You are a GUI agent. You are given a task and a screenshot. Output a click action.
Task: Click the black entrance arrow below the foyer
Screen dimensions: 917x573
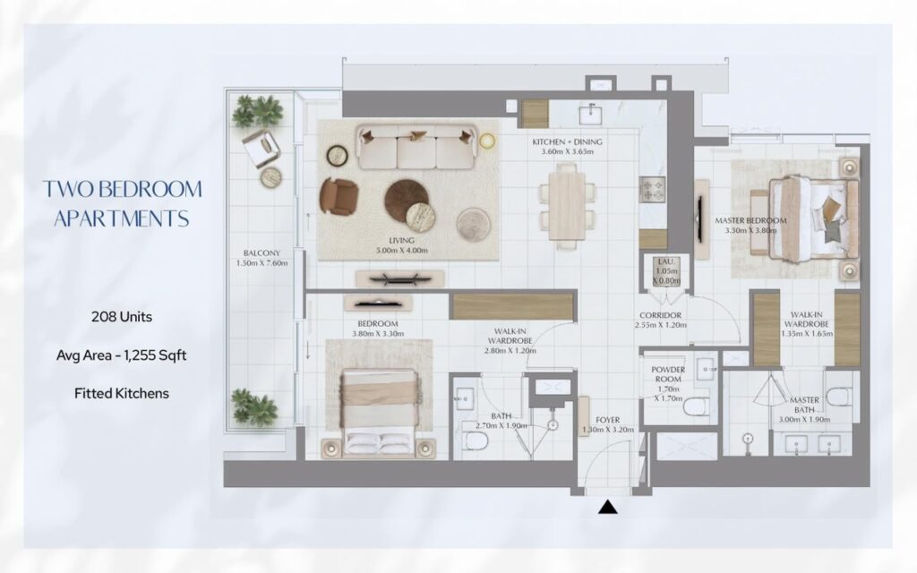click(x=608, y=507)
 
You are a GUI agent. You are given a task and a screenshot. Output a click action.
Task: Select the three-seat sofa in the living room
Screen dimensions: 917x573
click(x=416, y=146)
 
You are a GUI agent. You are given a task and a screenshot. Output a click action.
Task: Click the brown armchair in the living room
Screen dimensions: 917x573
click(x=339, y=196)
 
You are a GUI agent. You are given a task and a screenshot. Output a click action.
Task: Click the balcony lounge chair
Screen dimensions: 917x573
click(x=261, y=149)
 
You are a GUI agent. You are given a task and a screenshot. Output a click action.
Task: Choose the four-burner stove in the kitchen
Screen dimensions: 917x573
click(x=652, y=190)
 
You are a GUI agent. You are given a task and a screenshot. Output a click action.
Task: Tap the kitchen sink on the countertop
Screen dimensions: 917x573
click(x=591, y=113)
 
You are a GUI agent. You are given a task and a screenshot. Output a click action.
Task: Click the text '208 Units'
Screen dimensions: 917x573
click(x=122, y=317)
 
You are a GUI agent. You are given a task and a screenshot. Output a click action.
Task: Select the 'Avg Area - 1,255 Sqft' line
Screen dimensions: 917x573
click(x=122, y=355)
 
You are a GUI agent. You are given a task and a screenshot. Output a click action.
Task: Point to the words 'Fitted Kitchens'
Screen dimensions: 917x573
click(x=122, y=394)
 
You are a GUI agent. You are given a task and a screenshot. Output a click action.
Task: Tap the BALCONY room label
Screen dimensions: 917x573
click(x=262, y=253)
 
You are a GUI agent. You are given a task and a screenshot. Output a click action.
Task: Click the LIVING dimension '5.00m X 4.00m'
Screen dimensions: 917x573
click(x=402, y=251)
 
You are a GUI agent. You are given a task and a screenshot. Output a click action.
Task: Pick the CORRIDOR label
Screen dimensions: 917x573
click(x=660, y=316)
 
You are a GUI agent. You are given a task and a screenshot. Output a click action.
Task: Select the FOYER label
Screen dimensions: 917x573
click(x=608, y=420)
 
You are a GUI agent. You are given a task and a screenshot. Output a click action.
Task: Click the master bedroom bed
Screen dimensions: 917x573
click(x=814, y=219)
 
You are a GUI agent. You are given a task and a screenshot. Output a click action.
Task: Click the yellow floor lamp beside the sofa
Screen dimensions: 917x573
click(x=487, y=141)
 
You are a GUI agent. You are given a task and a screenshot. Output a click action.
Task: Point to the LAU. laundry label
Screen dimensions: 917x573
click(x=666, y=261)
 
